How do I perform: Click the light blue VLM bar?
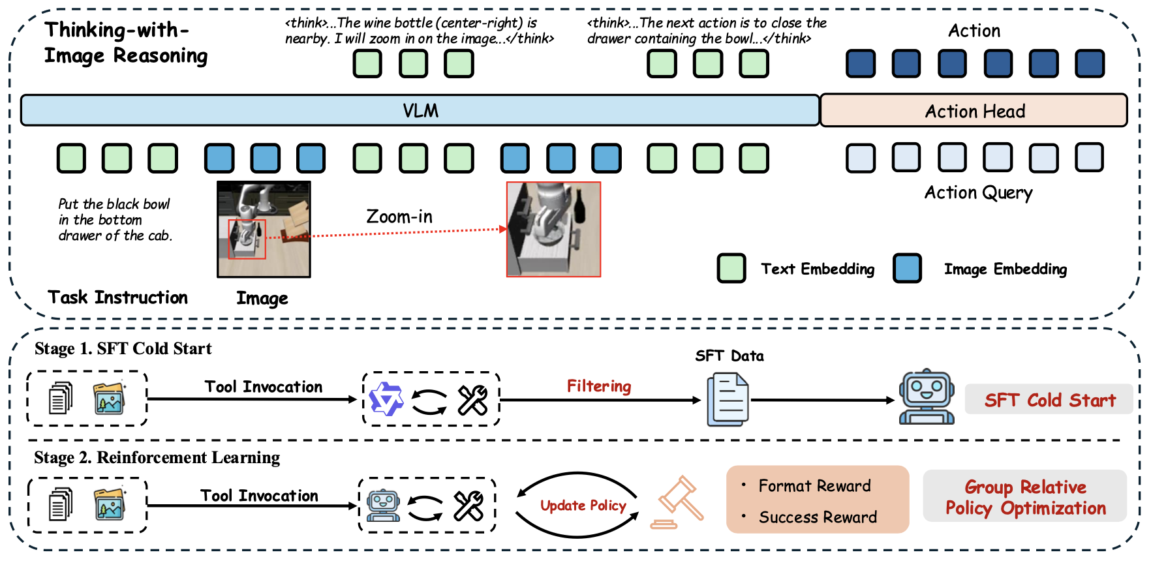[420, 110]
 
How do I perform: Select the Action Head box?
[974, 111]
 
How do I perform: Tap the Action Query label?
[978, 192]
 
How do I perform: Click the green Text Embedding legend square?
[731, 268]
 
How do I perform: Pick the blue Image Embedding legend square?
[907, 268]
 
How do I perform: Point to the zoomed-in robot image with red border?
[553, 229]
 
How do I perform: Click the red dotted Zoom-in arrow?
[391, 233]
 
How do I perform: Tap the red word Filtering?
[598, 386]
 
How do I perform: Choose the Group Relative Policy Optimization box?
[1025, 497]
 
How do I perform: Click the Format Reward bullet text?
[814, 486]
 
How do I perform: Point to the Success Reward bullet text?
[818, 517]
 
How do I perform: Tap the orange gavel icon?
[679, 503]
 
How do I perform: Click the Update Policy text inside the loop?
[583, 506]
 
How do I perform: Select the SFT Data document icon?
[729, 399]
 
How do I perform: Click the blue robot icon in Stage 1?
[927, 397]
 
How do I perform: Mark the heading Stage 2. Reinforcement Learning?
[157, 457]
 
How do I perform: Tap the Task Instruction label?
[117, 297]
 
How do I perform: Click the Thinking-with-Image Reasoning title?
[125, 42]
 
